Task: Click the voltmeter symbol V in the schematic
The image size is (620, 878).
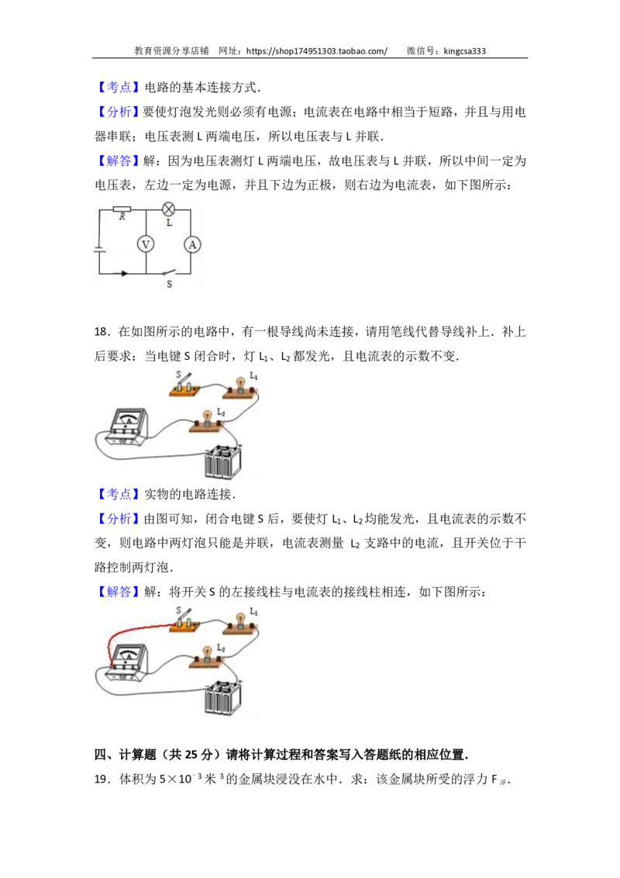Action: point(146,244)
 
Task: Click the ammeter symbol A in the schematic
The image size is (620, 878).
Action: point(192,244)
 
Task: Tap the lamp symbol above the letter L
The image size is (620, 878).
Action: point(168,209)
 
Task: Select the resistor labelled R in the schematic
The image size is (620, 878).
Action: point(122,209)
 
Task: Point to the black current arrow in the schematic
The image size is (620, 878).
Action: point(124,273)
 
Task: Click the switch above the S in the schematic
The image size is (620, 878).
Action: point(169,272)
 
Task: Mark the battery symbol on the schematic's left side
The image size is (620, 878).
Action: point(100,249)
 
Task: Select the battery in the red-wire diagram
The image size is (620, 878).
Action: point(222,697)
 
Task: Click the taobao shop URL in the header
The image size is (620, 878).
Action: point(317,51)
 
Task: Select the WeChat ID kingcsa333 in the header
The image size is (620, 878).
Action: point(464,51)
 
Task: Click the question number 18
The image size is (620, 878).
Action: point(101,331)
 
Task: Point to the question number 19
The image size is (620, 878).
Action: point(101,779)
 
